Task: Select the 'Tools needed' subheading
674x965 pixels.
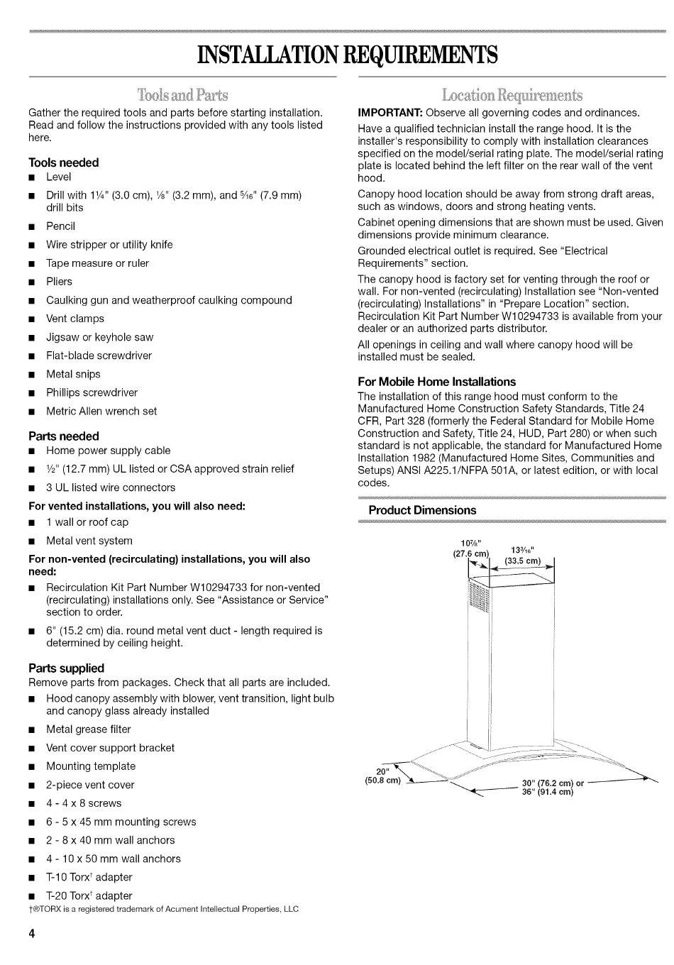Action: pyautogui.click(x=64, y=162)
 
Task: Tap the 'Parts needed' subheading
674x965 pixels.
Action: pyautogui.click(x=64, y=436)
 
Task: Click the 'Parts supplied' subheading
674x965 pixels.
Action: pyautogui.click(x=66, y=668)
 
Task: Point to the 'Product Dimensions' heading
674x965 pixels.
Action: pyautogui.click(x=422, y=511)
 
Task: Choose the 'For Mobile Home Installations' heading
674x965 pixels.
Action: pyautogui.click(x=436, y=382)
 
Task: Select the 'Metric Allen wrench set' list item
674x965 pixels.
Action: pyautogui.click(x=101, y=412)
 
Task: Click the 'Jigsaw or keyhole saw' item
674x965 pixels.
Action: pyautogui.click(x=99, y=338)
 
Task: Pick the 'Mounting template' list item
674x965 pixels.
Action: pyautogui.click(x=91, y=766)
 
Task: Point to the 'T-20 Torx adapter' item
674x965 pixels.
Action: pyautogui.click(x=89, y=896)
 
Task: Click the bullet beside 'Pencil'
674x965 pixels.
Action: pyautogui.click(x=32, y=227)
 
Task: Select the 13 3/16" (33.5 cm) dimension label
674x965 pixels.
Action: pyautogui.click(x=522, y=555)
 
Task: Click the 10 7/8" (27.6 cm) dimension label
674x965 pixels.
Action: pyautogui.click(x=471, y=548)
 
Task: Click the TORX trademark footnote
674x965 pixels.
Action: pyautogui.click(x=163, y=909)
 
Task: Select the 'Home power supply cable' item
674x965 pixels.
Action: pyautogui.click(x=109, y=451)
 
